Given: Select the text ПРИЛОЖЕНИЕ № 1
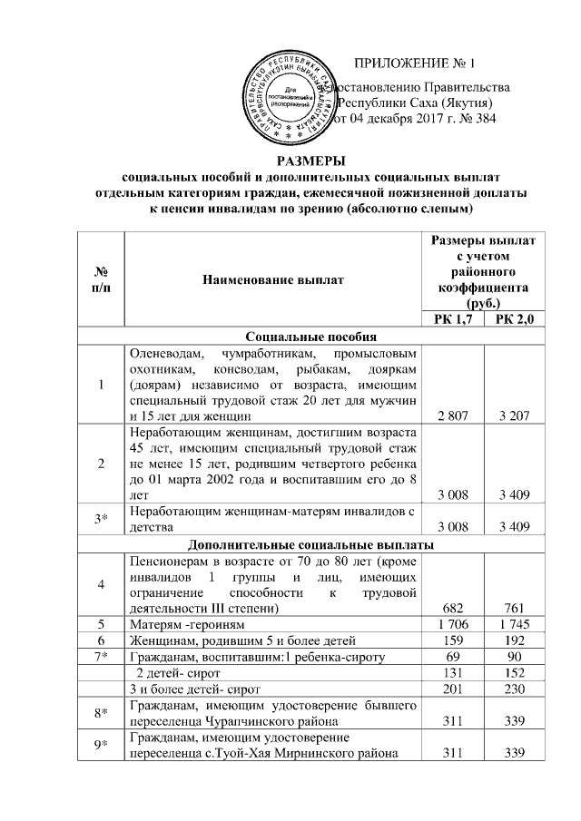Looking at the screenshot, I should tap(414, 64).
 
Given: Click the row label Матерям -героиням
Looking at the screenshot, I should tap(185, 623).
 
